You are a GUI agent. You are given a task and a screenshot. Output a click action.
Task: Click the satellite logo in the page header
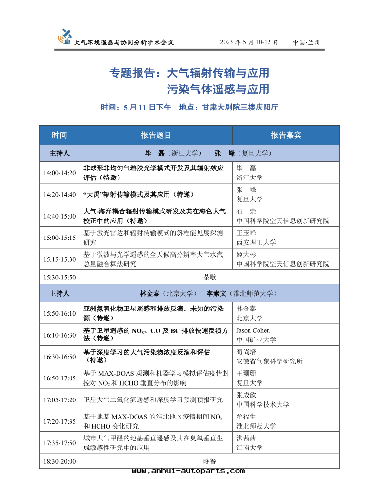[x=65, y=36]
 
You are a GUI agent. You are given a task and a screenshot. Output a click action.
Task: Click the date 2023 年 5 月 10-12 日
[x=249, y=42]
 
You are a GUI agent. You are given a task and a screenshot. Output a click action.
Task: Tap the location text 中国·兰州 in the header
[x=306, y=42]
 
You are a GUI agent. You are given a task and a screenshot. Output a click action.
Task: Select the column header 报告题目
[x=156, y=135]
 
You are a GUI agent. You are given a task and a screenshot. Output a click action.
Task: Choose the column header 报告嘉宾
[x=286, y=135]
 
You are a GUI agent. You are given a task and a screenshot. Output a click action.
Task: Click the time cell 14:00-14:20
[x=60, y=172]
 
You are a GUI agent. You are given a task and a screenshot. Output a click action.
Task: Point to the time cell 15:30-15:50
[x=60, y=277]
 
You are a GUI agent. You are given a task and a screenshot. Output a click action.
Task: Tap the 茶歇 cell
[x=209, y=277]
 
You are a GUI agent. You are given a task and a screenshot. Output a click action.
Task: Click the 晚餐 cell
[x=209, y=461]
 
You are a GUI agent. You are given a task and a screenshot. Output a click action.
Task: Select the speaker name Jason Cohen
[x=253, y=330]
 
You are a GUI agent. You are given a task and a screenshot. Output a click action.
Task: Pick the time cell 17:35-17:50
[x=60, y=443]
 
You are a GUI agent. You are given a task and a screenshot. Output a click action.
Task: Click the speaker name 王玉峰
[x=246, y=233]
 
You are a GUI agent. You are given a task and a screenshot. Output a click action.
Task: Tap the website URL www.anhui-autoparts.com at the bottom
[x=188, y=471]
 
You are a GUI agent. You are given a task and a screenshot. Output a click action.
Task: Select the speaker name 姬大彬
[x=246, y=254]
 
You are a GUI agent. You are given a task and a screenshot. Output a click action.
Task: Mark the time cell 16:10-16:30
[x=60, y=335]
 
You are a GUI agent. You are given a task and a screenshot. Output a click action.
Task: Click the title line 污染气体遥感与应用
[x=218, y=89]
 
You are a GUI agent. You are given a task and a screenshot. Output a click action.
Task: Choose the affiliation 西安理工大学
[x=256, y=242]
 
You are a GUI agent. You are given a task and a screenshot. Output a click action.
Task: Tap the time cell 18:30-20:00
[x=60, y=461]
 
